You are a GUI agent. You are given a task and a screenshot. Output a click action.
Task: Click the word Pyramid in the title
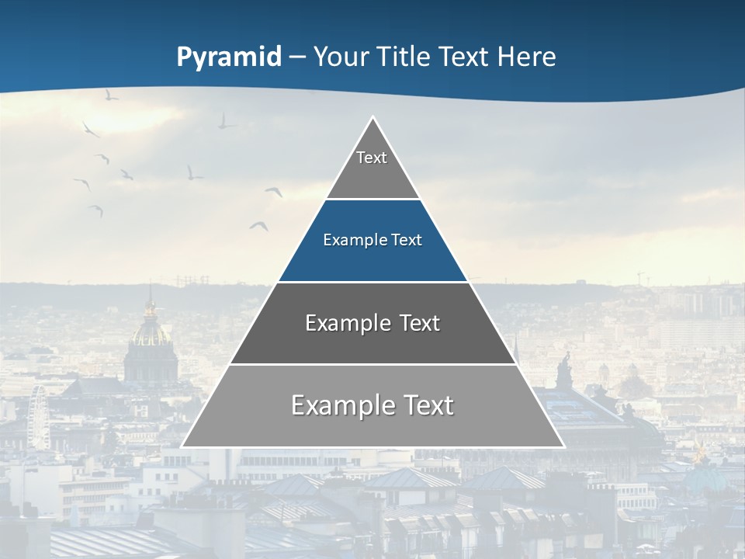[229, 57]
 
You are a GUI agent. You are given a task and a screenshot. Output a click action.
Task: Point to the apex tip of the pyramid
[372, 118]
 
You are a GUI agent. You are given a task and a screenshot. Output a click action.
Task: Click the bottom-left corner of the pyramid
[183, 446]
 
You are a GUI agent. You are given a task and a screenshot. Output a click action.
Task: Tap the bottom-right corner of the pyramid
[563, 446]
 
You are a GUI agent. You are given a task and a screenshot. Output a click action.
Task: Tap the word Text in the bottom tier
[424, 406]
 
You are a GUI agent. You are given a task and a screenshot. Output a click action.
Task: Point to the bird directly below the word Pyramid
[226, 121]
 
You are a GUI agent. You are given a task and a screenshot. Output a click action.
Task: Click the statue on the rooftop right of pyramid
[564, 369]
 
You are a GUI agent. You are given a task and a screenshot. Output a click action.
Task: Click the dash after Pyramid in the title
[297, 57]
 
